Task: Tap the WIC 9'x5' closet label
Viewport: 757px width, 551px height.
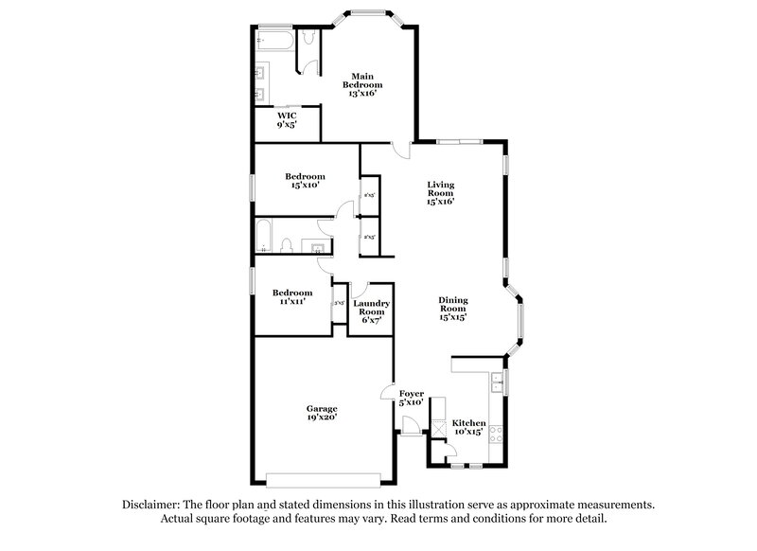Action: [288, 120]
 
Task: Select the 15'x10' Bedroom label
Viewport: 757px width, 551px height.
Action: [306, 181]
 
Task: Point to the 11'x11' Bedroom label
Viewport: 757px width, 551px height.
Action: [292, 297]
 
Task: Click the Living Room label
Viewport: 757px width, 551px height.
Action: [441, 193]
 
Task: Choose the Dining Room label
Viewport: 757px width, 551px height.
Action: [452, 309]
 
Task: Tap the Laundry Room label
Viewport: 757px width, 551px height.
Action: [371, 311]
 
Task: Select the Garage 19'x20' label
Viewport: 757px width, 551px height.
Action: [321, 412]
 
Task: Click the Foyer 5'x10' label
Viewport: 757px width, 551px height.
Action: [412, 398]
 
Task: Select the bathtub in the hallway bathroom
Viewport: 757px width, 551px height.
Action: [264, 235]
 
